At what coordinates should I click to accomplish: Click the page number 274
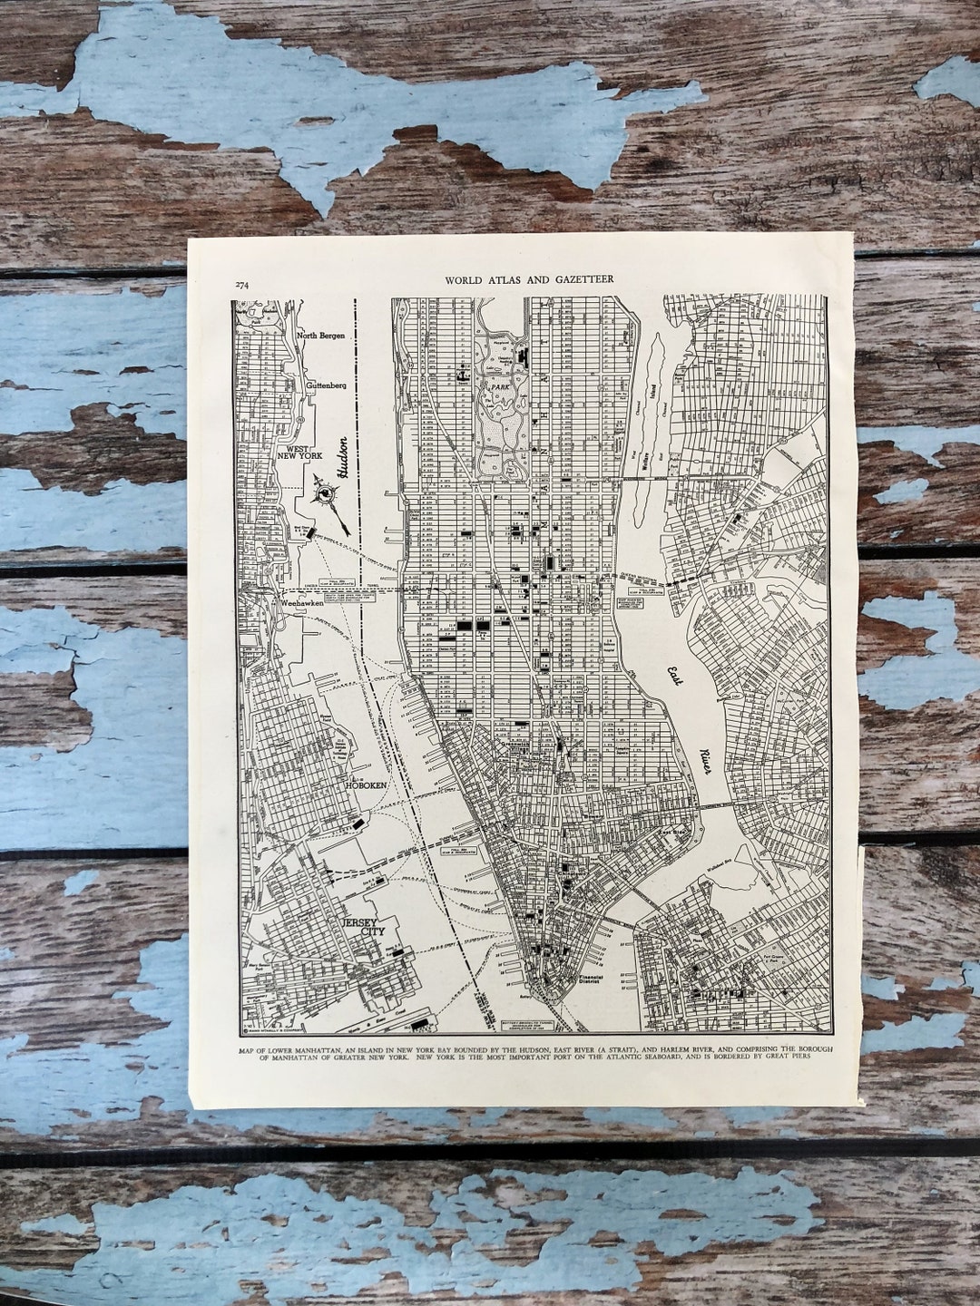242,284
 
